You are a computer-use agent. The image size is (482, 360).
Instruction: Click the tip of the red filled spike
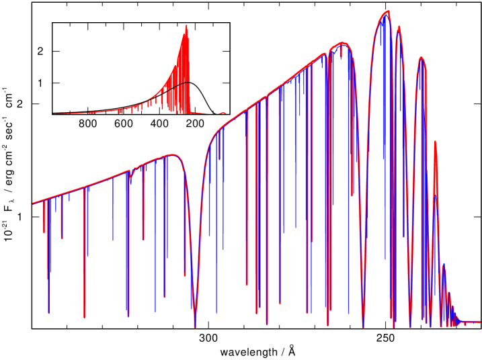(187, 25)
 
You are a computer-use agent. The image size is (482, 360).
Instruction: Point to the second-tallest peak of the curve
(399, 28)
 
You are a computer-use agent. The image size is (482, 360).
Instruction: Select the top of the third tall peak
(421, 58)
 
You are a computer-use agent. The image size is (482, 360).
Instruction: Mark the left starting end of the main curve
(33, 203)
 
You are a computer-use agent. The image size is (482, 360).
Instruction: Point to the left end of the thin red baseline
(54, 114)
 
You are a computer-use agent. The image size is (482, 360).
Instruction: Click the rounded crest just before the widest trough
(173, 155)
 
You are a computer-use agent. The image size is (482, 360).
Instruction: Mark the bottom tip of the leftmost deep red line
(49, 312)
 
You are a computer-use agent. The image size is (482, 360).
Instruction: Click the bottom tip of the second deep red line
(85, 317)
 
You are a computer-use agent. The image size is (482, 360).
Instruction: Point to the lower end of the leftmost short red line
(44, 232)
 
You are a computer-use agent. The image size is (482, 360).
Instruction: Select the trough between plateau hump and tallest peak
(363, 326)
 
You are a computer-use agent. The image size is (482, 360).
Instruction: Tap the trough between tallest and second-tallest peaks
(393, 326)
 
